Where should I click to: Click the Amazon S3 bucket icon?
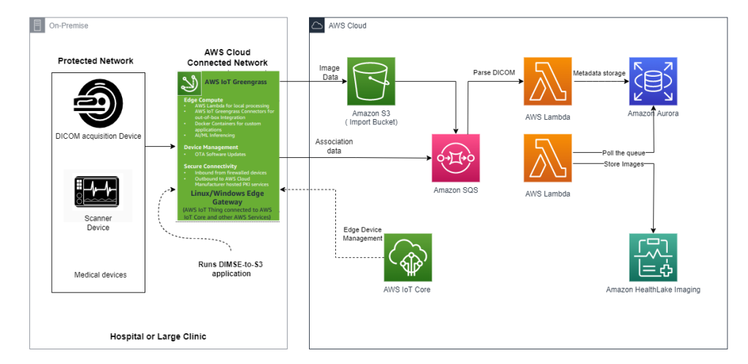click(x=370, y=81)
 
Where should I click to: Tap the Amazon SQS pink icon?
click(x=456, y=157)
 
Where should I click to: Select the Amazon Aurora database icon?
click(x=652, y=81)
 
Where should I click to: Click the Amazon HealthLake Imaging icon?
click(x=652, y=257)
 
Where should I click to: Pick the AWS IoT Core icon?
click(x=408, y=257)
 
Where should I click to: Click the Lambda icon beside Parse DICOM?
click(x=547, y=81)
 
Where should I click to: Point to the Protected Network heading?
click(x=96, y=61)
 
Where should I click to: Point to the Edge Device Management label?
click(x=362, y=234)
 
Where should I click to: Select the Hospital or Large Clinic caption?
click(x=158, y=337)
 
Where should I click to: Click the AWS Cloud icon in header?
click(x=317, y=26)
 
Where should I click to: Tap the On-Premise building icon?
click(x=37, y=26)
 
